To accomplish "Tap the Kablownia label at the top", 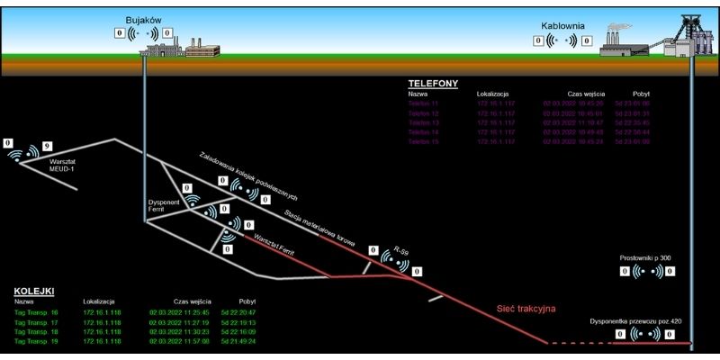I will tap(564, 26).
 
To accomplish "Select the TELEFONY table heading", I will tap(433, 83).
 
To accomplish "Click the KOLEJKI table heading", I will tap(34, 292).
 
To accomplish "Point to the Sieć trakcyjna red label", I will tap(526, 309).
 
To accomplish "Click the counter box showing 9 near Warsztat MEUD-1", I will tap(48, 145).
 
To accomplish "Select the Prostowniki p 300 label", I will tap(645, 258).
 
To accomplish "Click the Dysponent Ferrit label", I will tap(165, 205).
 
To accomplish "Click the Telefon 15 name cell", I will tap(423, 142).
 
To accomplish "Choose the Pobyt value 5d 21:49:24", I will tap(240, 342).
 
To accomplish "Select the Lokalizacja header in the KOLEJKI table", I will tap(98, 301).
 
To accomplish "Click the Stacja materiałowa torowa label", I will tap(319, 228).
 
